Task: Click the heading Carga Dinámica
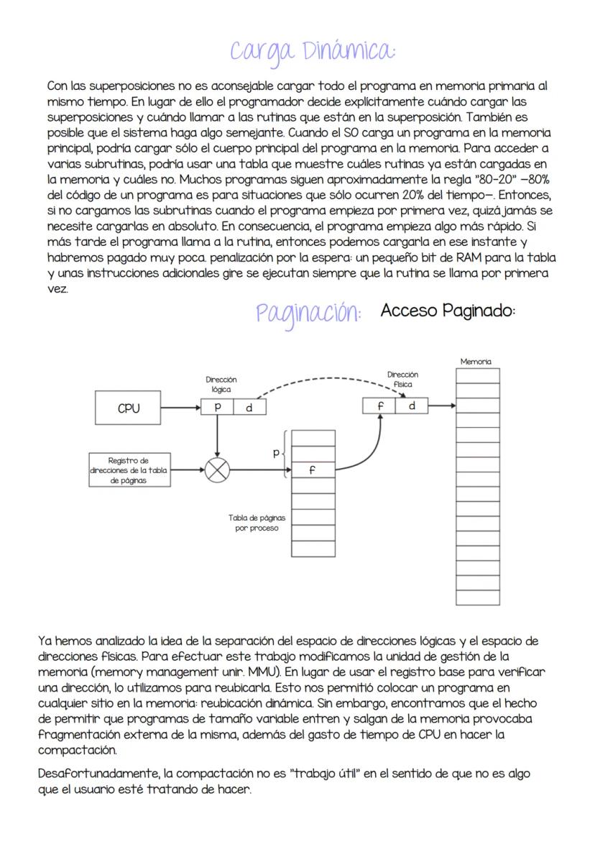(312, 51)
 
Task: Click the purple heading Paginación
(308, 314)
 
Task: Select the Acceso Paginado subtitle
(448, 311)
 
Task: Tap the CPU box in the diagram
(129, 408)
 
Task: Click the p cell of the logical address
(217, 407)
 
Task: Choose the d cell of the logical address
(249, 407)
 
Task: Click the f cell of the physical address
(379, 406)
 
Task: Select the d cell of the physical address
(412, 406)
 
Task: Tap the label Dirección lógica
(221, 384)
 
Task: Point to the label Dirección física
(402, 379)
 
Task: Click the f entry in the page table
(313, 470)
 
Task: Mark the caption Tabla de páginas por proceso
(256, 523)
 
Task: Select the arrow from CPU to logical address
(180, 408)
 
